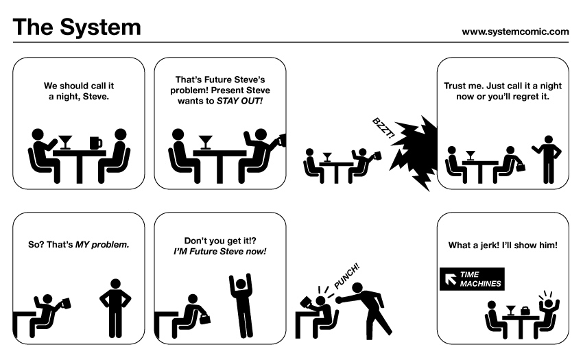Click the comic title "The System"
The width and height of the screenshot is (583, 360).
pyautogui.click(x=77, y=27)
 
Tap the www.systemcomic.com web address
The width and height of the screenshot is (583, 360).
pyautogui.click(x=515, y=31)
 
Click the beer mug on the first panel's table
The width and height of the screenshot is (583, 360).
pyautogui.click(x=95, y=143)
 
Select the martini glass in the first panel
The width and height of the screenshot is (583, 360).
pyautogui.click(x=65, y=141)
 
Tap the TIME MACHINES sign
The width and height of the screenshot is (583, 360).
pyautogui.click(x=471, y=278)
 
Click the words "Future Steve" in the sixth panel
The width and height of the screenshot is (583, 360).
pyautogui.click(x=213, y=251)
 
